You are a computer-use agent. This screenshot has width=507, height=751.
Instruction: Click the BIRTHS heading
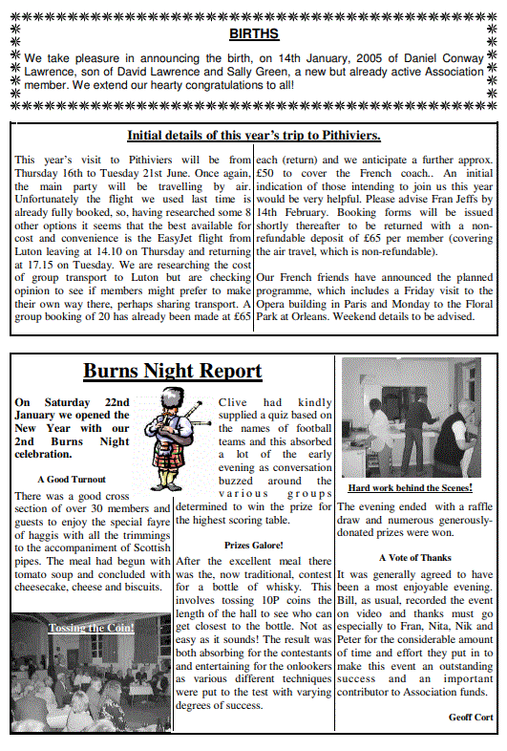pyautogui.click(x=254, y=34)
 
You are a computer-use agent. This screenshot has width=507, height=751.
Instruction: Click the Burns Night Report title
pyautogui.click(x=172, y=371)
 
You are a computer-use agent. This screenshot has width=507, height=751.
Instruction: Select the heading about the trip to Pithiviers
pyautogui.click(x=254, y=136)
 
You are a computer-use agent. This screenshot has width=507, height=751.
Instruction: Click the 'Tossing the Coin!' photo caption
pyautogui.click(x=92, y=628)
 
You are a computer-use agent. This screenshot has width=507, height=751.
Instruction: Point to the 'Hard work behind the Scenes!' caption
pyautogui.click(x=410, y=487)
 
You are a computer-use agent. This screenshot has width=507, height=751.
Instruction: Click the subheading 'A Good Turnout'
pyautogui.click(x=72, y=479)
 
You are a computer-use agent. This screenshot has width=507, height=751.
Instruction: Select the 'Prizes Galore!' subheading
pyautogui.click(x=252, y=545)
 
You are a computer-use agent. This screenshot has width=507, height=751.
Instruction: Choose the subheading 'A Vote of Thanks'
pyautogui.click(x=415, y=557)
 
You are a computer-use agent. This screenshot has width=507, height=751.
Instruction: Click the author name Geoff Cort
pyautogui.click(x=472, y=717)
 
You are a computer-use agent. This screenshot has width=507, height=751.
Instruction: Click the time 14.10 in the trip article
pyautogui.click(x=118, y=257)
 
